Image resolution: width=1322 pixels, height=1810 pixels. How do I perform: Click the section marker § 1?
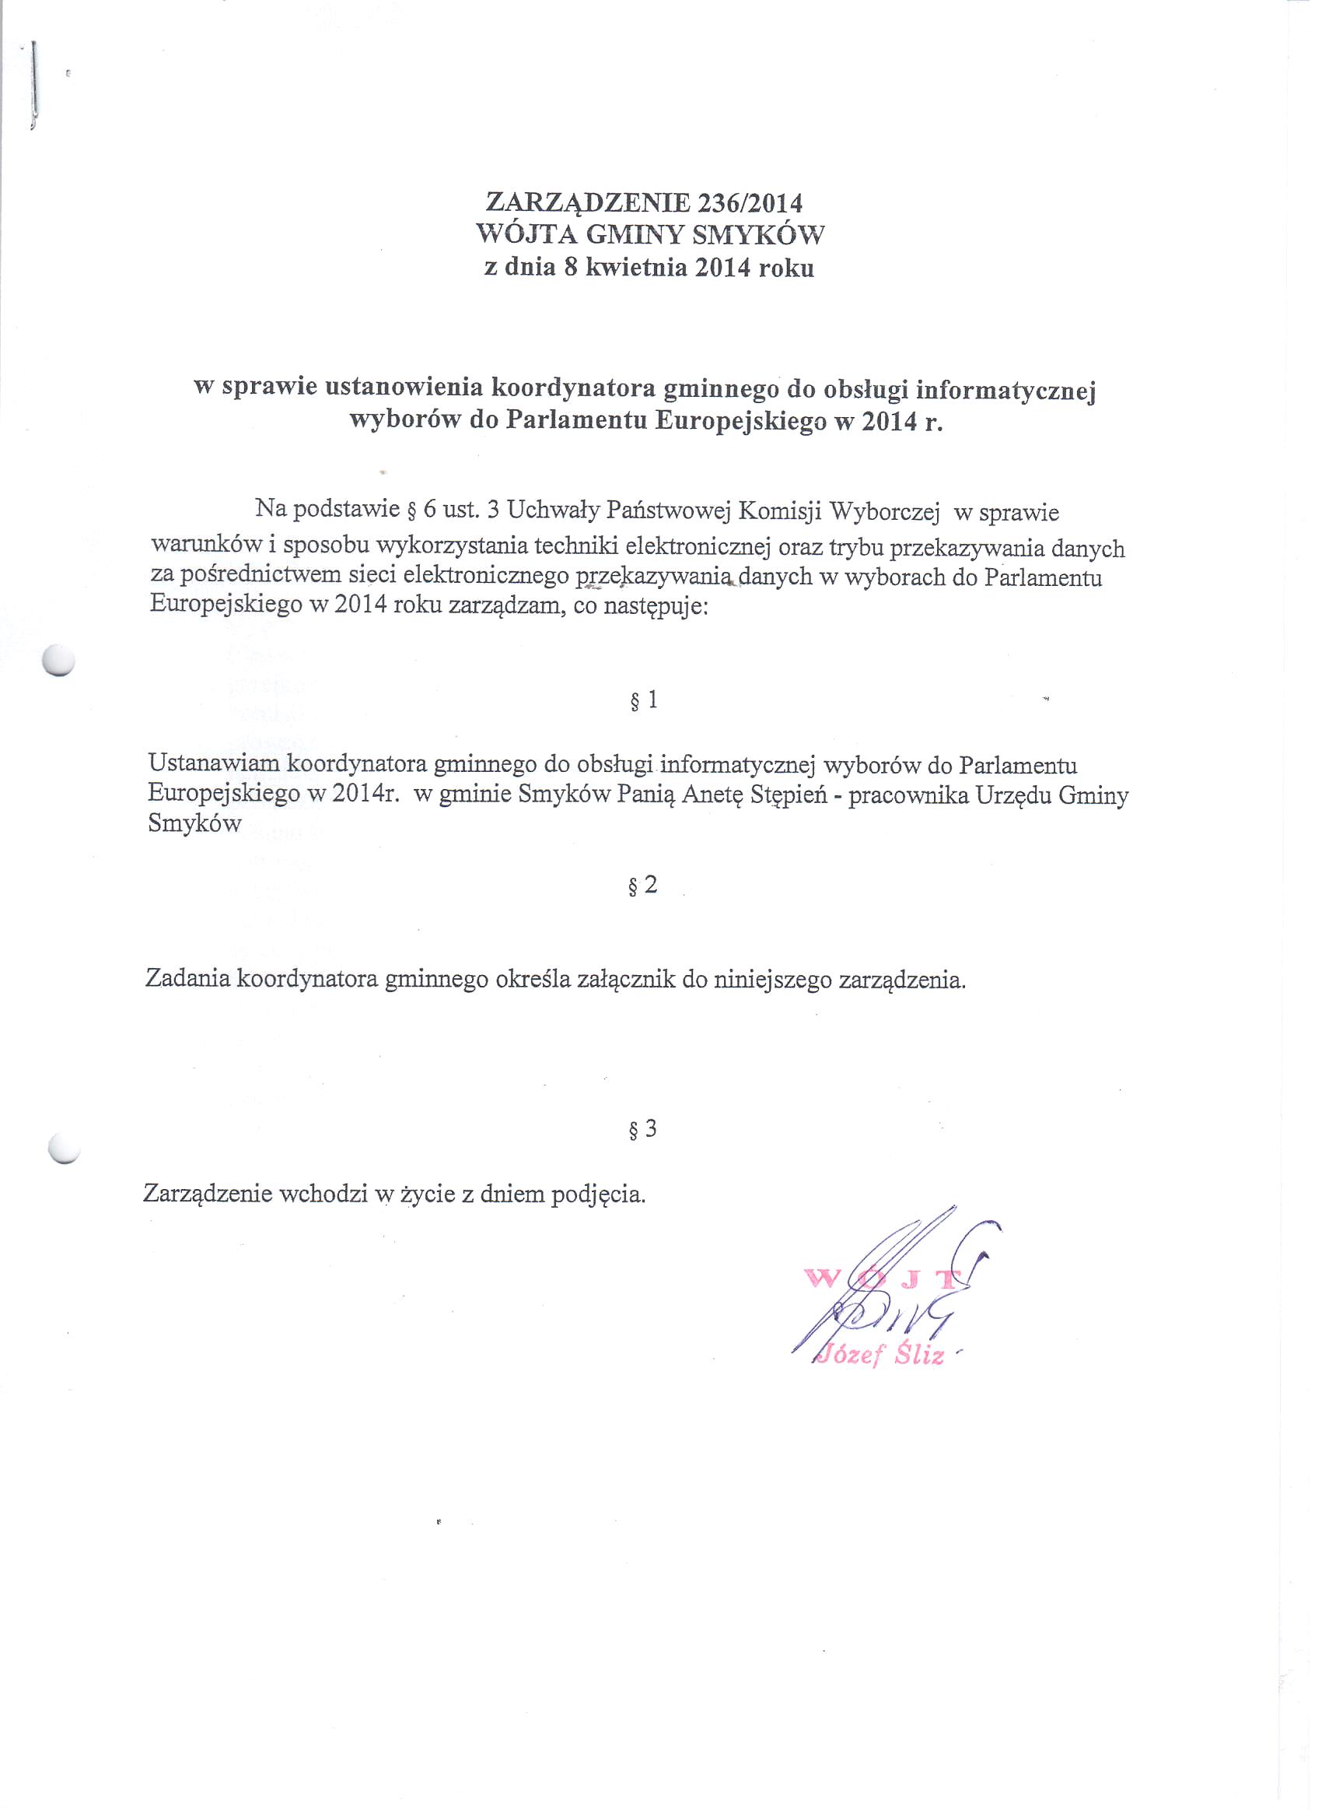click(x=644, y=700)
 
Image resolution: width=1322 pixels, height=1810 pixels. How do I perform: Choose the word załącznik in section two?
click(x=625, y=980)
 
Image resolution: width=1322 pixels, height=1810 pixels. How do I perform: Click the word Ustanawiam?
click(x=214, y=764)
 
